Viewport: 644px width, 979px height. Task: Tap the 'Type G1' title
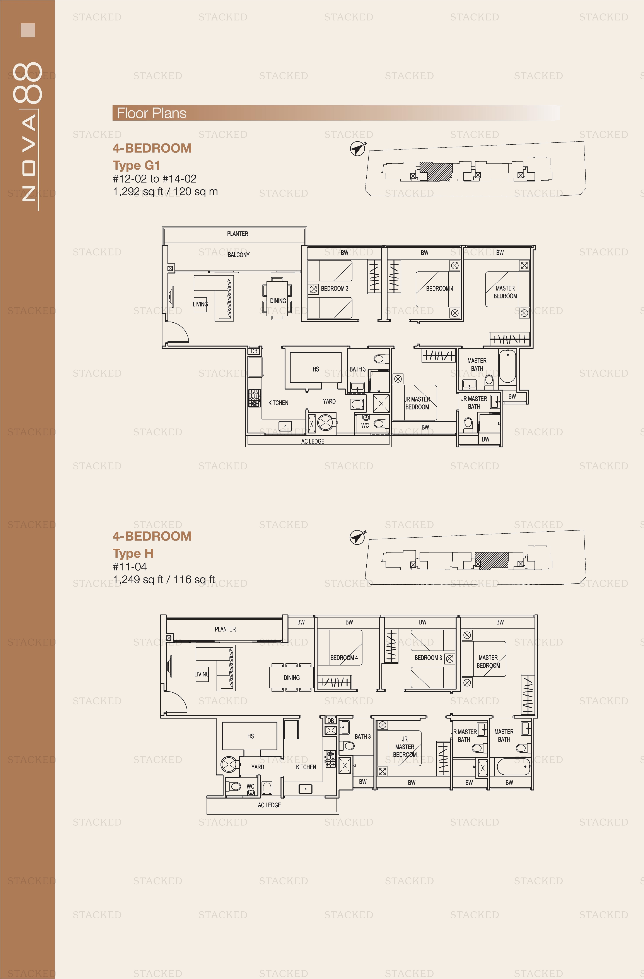pos(136,165)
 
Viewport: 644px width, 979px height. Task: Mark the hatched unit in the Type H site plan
pos(491,561)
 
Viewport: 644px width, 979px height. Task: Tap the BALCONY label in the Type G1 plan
pos(239,255)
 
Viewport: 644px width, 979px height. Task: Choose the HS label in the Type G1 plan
pos(315,369)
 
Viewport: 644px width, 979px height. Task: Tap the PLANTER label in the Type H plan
pos(225,629)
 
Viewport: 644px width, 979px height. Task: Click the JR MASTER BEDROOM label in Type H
pos(405,747)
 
